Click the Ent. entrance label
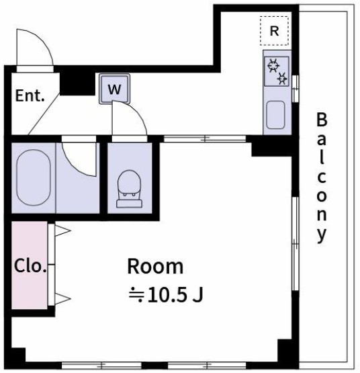[x=30, y=95]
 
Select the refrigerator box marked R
[x=274, y=31]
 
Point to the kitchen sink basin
[x=276, y=115]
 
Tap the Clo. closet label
[x=29, y=265]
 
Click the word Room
[x=155, y=266]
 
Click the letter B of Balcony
[x=322, y=121]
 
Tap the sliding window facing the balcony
[x=294, y=222]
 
